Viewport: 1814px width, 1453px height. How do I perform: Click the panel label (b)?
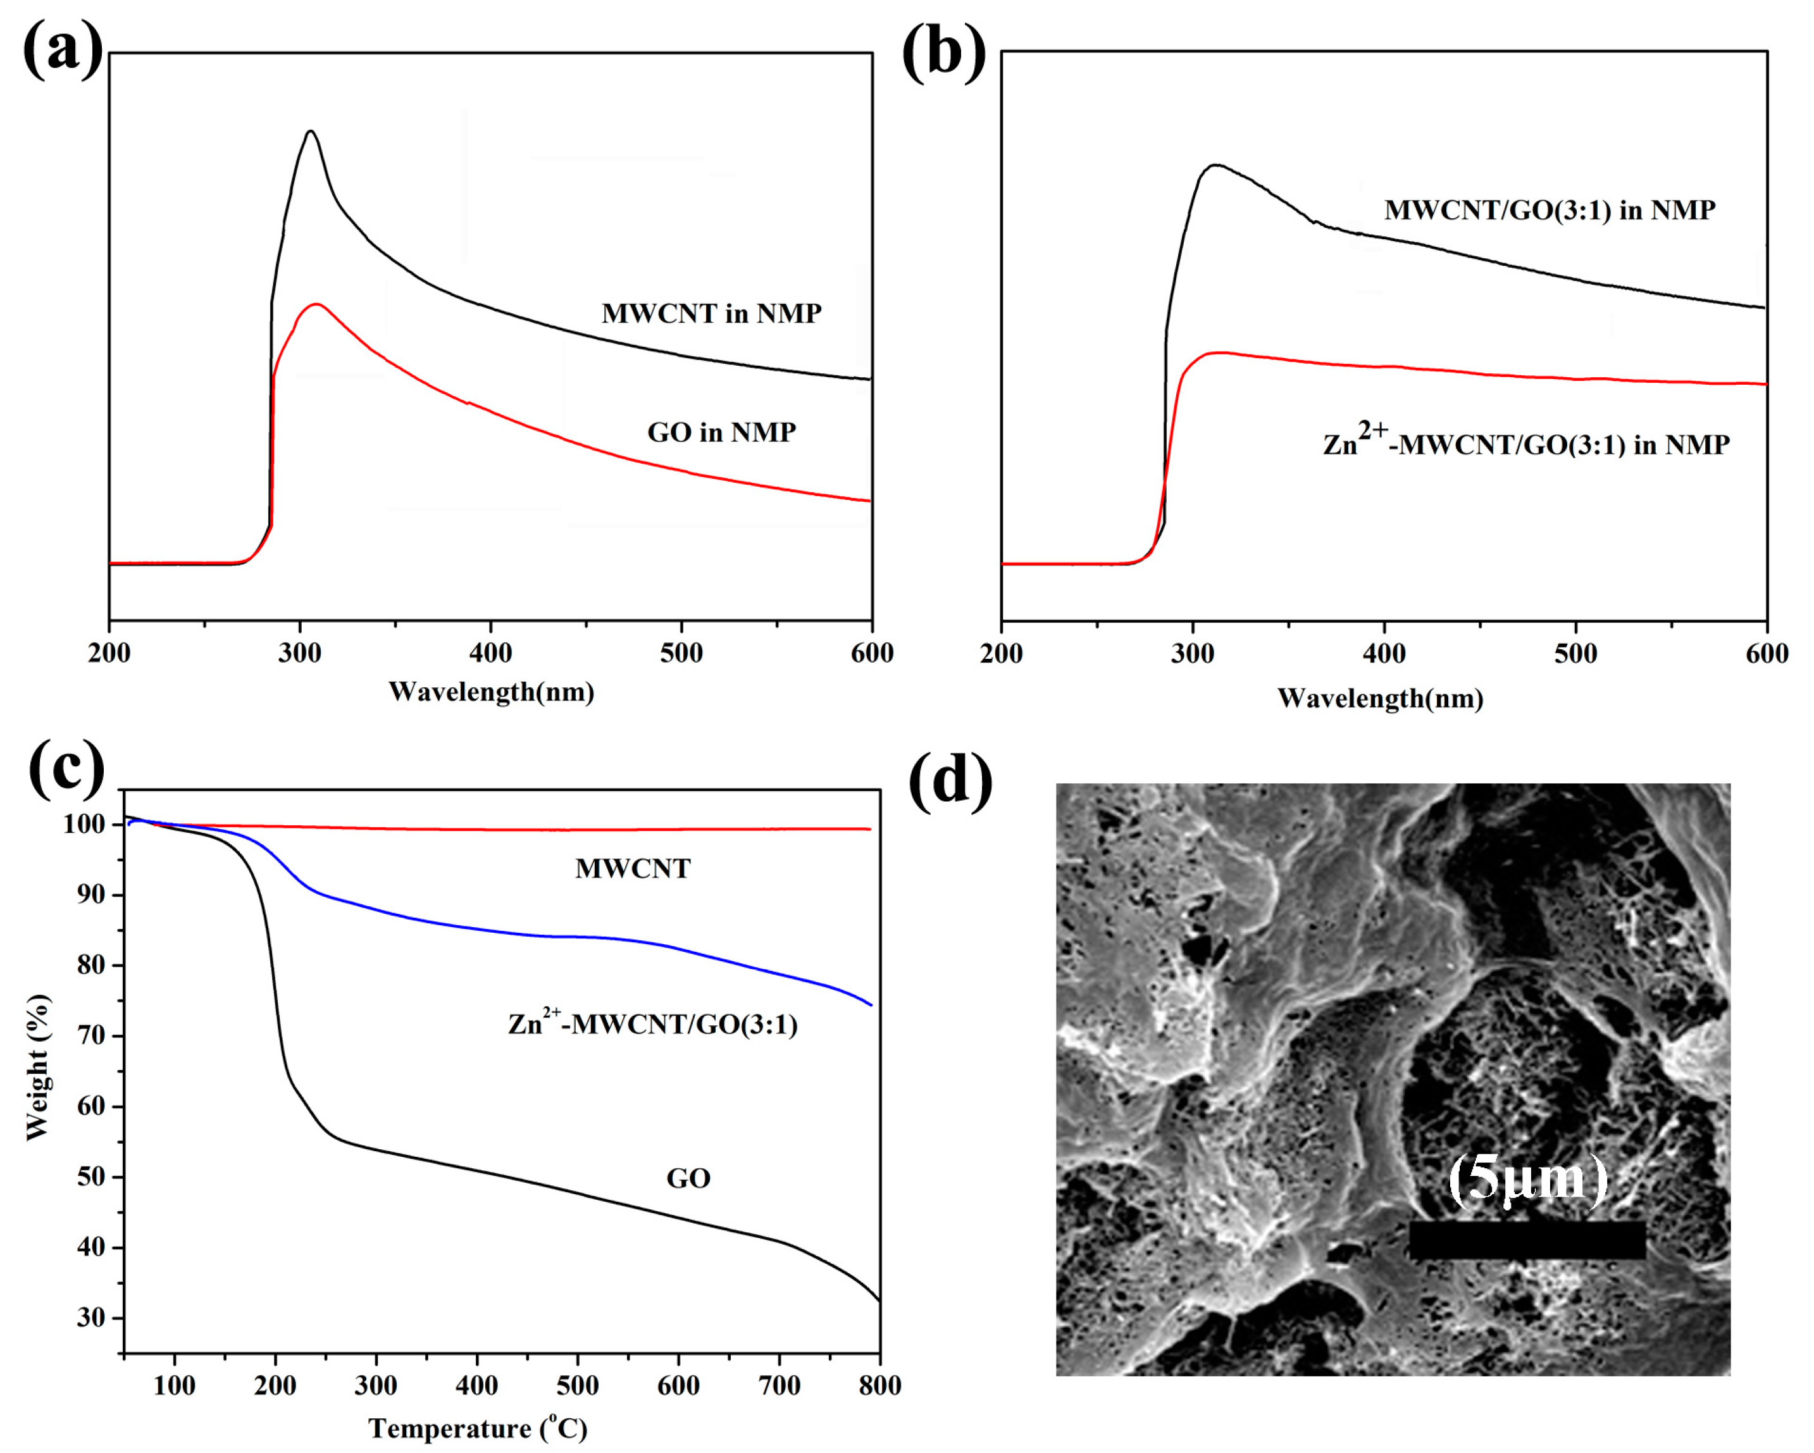[x=943, y=52]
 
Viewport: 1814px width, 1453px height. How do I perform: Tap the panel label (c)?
[x=66, y=767]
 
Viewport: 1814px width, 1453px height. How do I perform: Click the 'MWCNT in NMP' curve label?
[x=711, y=313]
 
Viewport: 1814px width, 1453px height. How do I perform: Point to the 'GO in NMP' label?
[x=721, y=432]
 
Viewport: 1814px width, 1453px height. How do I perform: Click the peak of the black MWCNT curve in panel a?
[x=311, y=132]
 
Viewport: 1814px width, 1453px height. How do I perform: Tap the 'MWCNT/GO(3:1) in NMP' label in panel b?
[x=1549, y=209]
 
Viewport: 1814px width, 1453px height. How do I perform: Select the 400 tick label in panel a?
[x=490, y=653]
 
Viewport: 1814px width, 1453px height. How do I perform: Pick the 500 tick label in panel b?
[x=1575, y=654]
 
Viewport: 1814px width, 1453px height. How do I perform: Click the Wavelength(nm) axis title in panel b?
[x=1380, y=697]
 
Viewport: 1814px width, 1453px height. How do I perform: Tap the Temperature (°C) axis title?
[x=477, y=1428]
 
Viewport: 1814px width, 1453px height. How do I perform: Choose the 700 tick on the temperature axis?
[x=779, y=1386]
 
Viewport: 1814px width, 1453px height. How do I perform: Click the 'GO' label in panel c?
[x=688, y=1178]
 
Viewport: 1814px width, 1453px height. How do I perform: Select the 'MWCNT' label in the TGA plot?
[x=633, y=868]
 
